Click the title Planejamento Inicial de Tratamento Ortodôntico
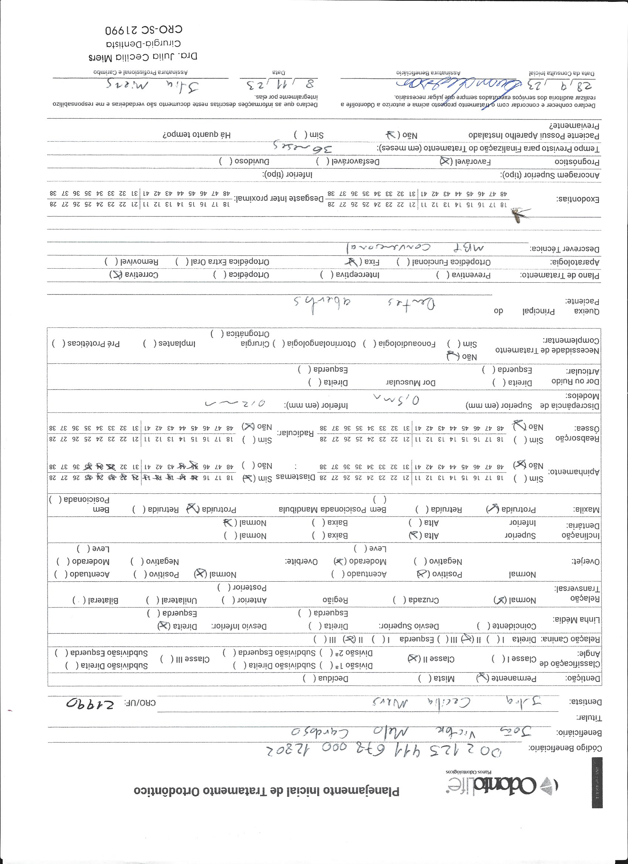266,791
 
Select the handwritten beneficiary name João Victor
411,731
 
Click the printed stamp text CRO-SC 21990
144,29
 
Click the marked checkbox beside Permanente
482,678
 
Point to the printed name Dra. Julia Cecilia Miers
143,57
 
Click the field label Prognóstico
577,162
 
